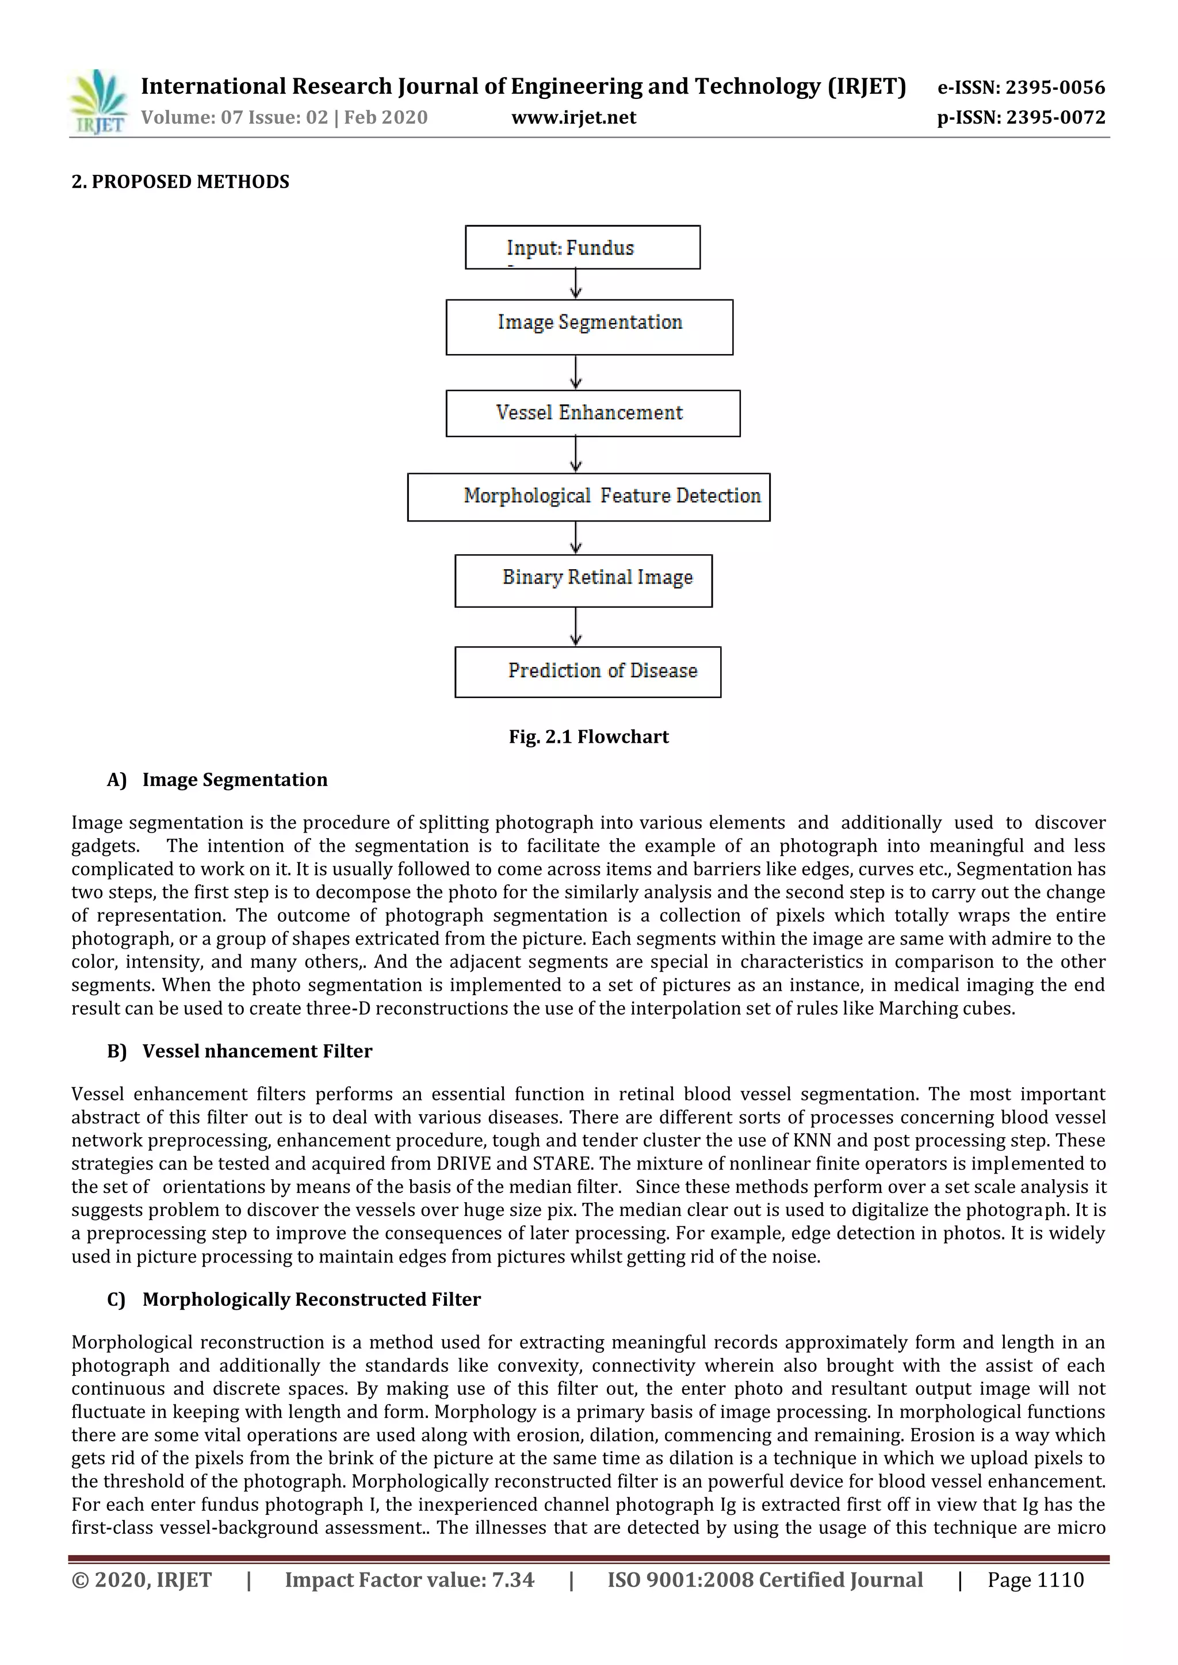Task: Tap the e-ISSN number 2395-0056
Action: [1055, 88]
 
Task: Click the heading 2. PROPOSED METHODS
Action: [180, 182]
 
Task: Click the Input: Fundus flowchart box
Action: [583, 247]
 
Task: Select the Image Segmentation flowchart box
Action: [589, 327]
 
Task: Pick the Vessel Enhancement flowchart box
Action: [592, 413]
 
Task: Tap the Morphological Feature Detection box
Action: [588, 497]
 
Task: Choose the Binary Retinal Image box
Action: [583, 580]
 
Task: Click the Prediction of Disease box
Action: [587, 672]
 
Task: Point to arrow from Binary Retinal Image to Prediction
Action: [576, 627]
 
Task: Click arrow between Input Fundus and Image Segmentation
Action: [576, 283]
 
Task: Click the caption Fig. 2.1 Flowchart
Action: [588, 737]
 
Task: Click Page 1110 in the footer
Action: [1035, 1579]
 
